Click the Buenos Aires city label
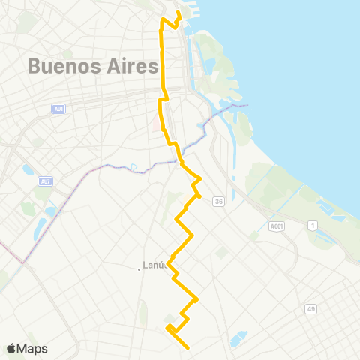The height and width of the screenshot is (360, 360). [x=93, y=65]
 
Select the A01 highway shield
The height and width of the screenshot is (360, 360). [x=58, y=109]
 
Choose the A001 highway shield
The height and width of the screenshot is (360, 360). [x=277, y=226]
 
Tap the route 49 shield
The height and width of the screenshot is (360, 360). [x=310, y=308]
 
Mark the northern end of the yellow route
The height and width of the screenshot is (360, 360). [x=178, y=13]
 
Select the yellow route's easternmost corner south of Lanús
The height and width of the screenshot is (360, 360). [x=197, y=298]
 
